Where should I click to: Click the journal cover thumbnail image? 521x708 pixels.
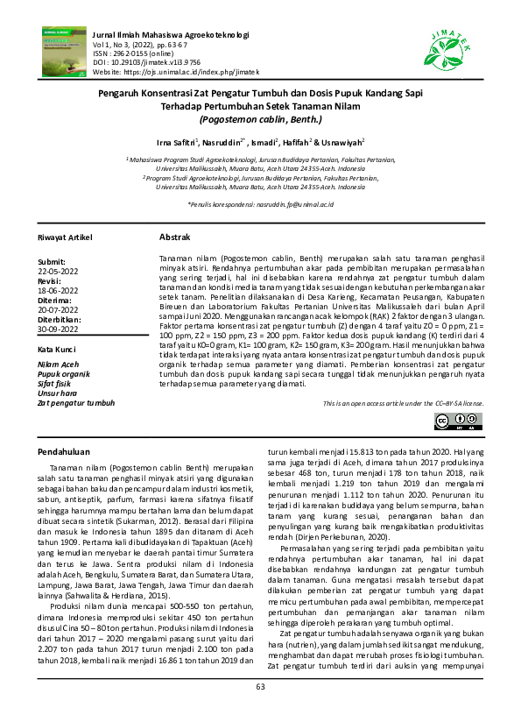[x=62, y=50]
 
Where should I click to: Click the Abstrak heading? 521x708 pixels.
[x=170, y=238]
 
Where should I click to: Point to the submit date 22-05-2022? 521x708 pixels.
[x=57, y=271]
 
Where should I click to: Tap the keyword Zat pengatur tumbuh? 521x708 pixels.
[x=77, y=402]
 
